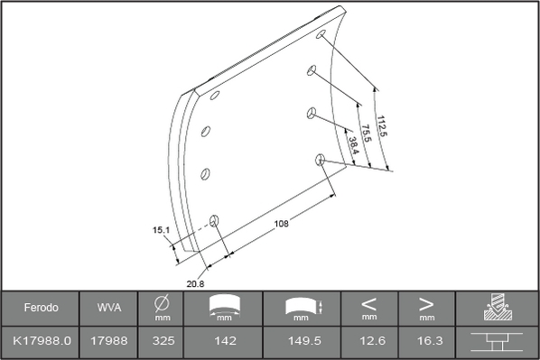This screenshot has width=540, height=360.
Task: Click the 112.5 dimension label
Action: point(382,126)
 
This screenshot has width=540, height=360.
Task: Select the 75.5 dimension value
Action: point(367,134)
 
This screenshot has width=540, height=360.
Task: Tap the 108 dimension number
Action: point(281,224)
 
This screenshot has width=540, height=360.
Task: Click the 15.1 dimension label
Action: point(161,230)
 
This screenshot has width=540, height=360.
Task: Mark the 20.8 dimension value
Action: point(195,284)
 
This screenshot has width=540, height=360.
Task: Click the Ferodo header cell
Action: point(41,308)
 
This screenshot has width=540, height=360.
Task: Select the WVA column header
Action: point(109,308)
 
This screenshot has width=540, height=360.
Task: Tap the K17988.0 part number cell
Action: point(42,341)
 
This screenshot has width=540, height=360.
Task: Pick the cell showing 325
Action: point(163,341)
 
